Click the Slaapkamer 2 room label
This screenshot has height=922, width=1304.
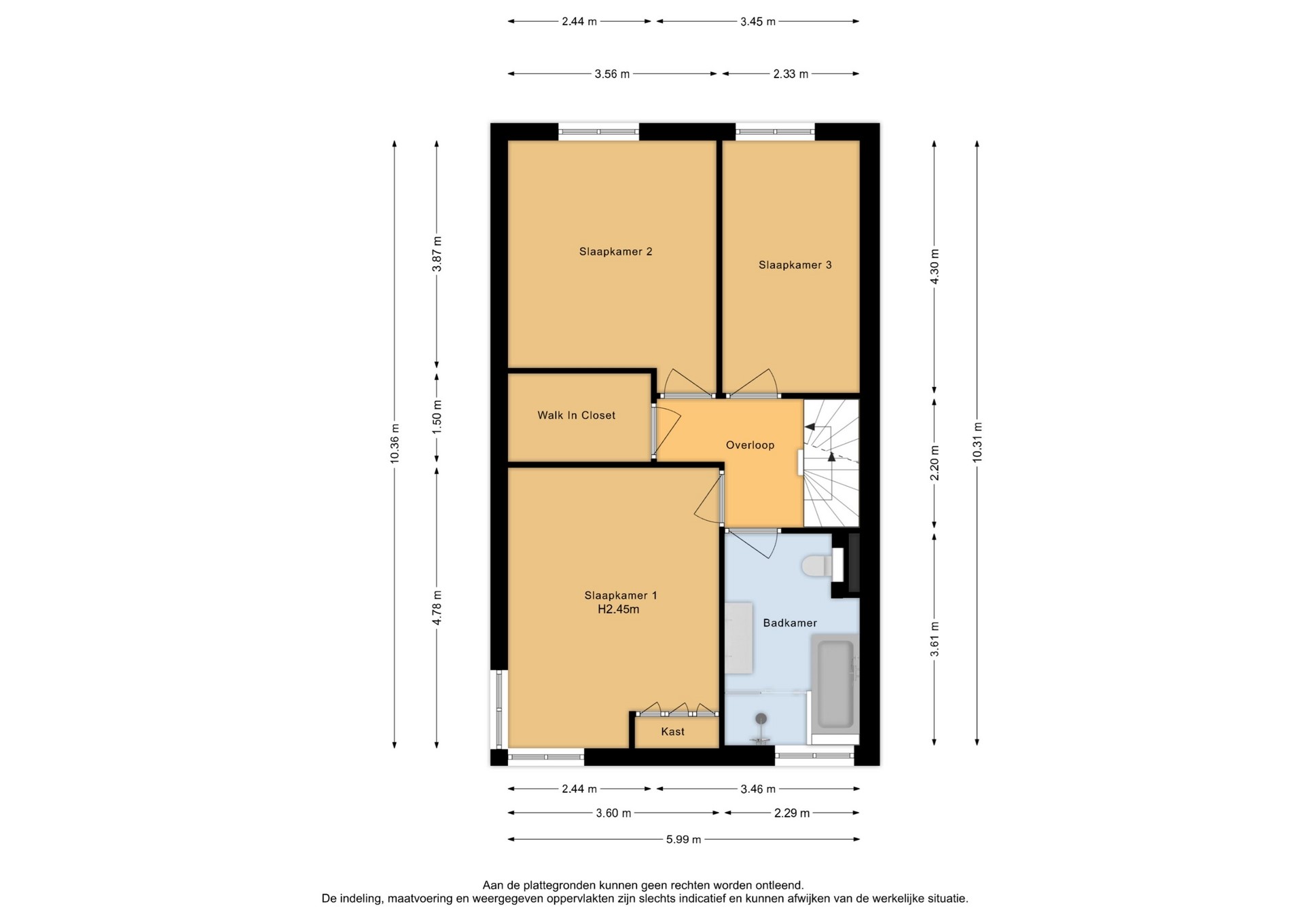(x=615, y=252)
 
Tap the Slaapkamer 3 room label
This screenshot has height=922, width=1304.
(x=795, y=265)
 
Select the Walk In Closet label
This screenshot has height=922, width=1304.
(x=576, y=416)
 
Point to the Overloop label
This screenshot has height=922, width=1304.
(x=750, y=445)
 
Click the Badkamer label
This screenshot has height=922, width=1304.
(x=790, y=623)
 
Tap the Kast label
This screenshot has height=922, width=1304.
(x=672, y=732)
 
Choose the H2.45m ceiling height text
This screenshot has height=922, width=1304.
(x=618, y=610)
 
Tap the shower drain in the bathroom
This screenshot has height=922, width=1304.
(x=761, y=718)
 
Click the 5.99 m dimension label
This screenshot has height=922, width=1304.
(x=683, y=840)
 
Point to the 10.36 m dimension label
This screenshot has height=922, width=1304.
(x=395, y=443)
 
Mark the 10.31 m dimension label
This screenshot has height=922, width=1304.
(x=977, y=443)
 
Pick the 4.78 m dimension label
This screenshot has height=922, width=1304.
(x=437, y=608)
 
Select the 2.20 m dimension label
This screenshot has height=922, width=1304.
(x=935, y=463)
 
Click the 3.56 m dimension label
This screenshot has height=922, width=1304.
(x=612, y=74)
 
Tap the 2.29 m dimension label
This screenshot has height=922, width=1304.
(x=792, y=813)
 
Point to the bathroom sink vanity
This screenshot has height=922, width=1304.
(x=738, y=638)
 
